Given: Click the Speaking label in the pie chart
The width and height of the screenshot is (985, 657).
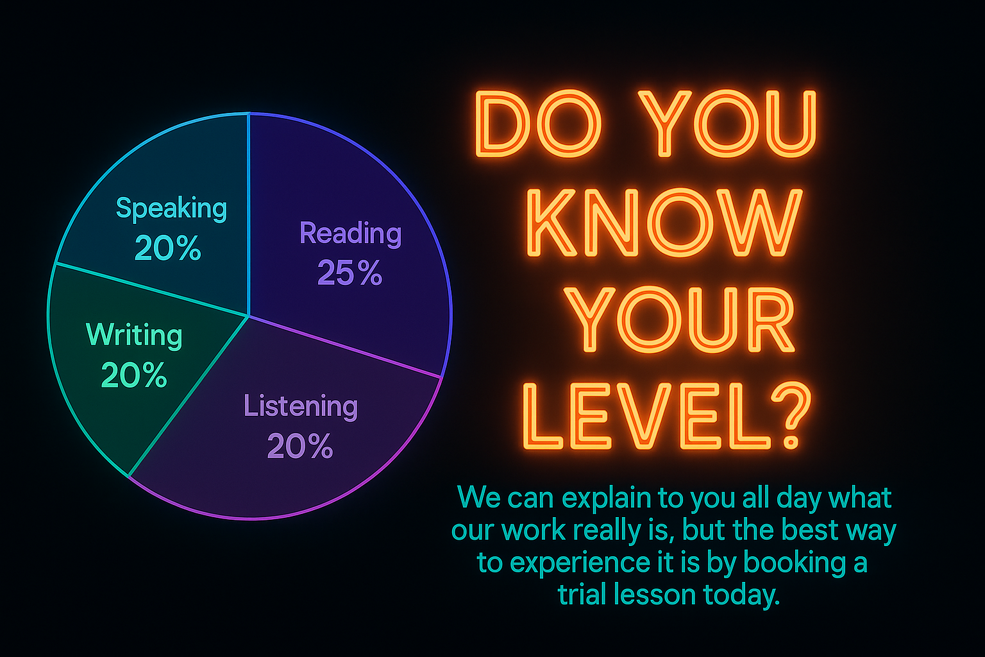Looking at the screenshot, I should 171,209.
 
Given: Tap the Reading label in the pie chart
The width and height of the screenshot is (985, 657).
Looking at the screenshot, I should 350,234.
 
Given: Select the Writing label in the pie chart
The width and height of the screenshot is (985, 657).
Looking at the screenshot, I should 134,335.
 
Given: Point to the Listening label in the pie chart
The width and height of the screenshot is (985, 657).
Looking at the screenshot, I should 300,407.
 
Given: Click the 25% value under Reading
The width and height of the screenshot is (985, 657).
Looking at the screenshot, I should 349,273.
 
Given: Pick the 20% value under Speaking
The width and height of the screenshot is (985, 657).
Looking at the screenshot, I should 168,249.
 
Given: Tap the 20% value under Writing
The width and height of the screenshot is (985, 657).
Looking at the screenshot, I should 134,376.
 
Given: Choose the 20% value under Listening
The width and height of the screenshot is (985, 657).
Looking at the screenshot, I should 300,447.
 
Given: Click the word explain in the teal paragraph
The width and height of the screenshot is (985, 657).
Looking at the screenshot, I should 594,499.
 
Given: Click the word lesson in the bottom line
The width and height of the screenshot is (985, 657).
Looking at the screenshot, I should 653,595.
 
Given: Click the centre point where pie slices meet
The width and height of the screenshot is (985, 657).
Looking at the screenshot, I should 248,316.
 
